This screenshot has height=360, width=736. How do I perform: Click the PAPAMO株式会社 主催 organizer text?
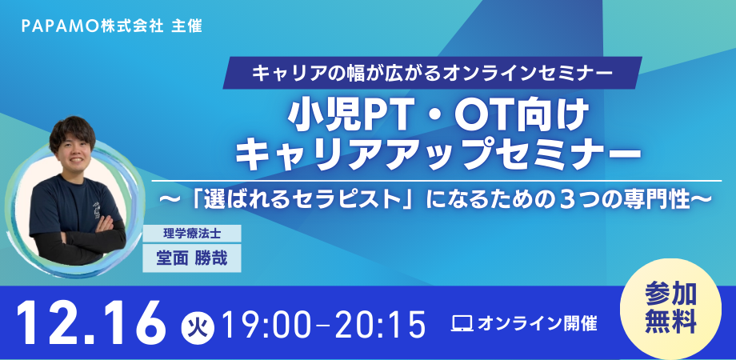112,26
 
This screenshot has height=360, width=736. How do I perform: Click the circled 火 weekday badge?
198,324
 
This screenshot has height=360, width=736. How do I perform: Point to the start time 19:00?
266,323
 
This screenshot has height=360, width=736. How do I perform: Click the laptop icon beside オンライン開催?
462,323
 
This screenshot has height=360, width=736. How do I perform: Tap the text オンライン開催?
537,323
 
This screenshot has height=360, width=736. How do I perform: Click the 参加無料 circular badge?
670,308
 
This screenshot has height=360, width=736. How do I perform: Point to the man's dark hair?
72,131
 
